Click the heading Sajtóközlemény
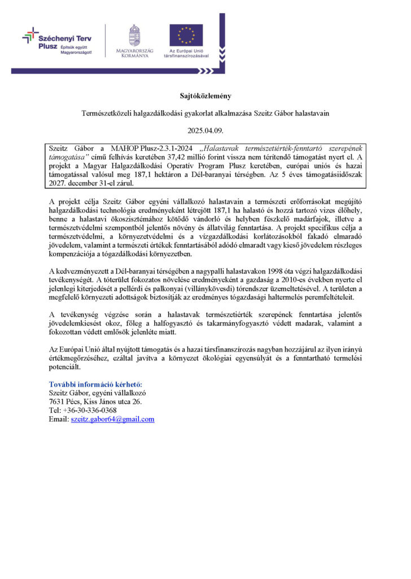click(x=205, y=96)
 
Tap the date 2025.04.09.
click(x=205, y=131)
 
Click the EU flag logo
click(x=186, y=35)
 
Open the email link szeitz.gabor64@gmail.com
click(x=112, y=419)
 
